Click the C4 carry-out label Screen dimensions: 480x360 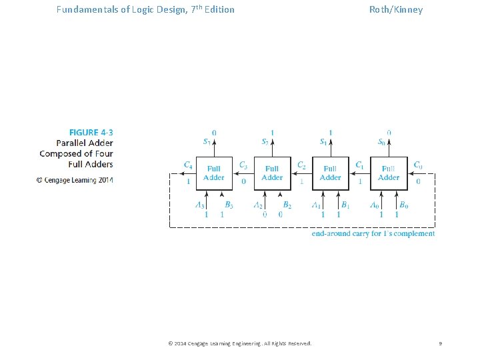188,165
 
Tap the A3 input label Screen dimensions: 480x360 200,205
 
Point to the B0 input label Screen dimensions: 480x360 404,205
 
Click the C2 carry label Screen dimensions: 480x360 301,165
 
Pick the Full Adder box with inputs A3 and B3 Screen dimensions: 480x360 214,173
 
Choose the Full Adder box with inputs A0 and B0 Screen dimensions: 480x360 389,173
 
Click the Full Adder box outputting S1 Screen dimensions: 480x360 331,173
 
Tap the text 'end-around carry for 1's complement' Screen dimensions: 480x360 373,234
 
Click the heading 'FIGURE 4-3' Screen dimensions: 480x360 91,132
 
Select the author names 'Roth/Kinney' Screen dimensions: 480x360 396,9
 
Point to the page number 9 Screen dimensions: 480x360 441,343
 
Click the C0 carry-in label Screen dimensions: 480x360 417,165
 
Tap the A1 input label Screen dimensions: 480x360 316,205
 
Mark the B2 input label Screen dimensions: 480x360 287,205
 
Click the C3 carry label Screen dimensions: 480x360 243,165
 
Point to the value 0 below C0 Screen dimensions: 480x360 418,181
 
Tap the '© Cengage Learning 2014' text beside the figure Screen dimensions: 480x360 75,180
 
